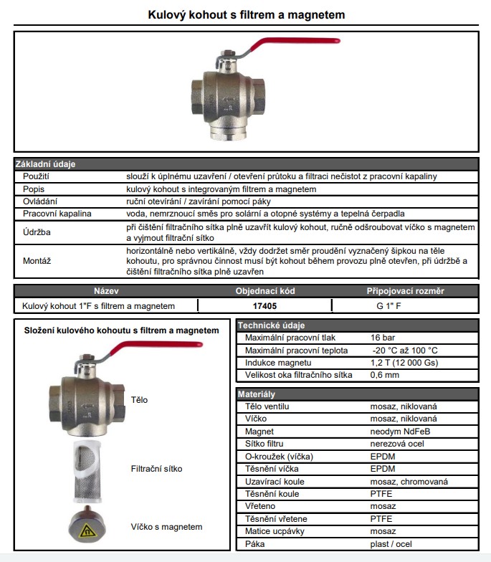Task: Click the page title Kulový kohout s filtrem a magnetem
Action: coord(247,14)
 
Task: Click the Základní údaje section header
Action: coord(46,164)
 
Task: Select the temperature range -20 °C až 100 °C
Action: coord(404,351)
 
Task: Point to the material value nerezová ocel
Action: coord(397,444)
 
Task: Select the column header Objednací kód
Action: coord(265,291)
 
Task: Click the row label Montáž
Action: coord(37,262)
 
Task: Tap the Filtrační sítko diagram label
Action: coord(156,469)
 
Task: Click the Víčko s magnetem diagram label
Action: coord(166,527)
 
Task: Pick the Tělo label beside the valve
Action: coord(139,400)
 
